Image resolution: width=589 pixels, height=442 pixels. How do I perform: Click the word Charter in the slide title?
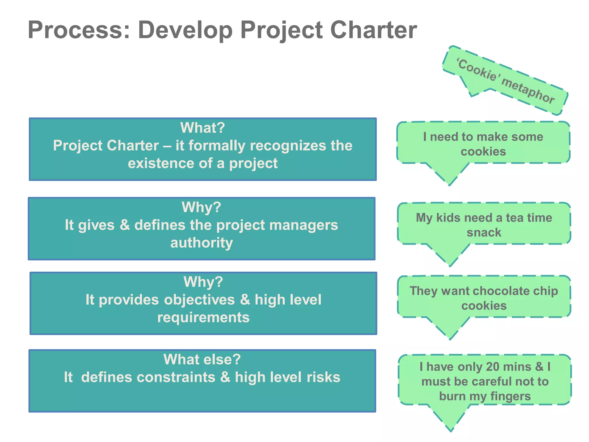(373, 30)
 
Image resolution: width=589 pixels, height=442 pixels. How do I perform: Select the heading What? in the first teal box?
(202, 128)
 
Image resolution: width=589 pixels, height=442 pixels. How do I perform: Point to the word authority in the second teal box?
(202, 243)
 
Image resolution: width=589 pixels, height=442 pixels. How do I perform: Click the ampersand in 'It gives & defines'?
(125, 225)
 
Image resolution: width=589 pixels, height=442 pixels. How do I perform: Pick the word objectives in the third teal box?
(199, 300)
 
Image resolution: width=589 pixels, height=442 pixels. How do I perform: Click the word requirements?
(203, 318)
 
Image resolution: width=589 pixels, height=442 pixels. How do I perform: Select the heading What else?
(202, 359)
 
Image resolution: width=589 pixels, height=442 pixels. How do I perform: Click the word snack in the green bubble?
(484, 233)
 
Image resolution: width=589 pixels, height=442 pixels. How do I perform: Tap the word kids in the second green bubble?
(448, 218)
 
